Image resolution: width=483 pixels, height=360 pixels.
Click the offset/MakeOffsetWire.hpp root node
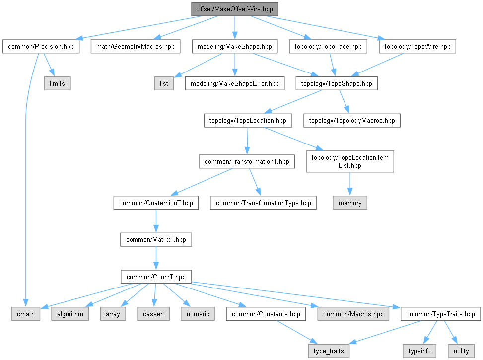[x=234, y=9]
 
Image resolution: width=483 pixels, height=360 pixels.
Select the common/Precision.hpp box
[x=41, y=47]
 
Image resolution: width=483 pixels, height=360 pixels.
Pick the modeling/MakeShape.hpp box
[x=234, y=47]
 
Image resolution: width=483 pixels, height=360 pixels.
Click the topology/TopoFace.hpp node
[x=328, y=47]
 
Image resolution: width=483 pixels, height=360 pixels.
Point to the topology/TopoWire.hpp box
[x=417, y=47]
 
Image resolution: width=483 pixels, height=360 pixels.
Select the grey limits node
[x=57, y=83]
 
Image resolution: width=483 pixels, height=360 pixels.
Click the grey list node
[x=164, y=83]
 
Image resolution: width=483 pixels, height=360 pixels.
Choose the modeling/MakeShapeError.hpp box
[x=235, y=83]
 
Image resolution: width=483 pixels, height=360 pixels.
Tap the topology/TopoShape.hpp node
[x=337, y=83]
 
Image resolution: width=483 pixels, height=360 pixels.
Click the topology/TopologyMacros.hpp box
[x=352, y=120]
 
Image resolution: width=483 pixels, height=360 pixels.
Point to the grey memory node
[x=350, y=203]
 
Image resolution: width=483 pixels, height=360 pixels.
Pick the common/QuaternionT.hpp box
[x=156, y=203]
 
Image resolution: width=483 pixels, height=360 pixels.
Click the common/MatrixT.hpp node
[x=156, y=239]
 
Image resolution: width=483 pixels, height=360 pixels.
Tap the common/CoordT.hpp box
[x=156, y=277]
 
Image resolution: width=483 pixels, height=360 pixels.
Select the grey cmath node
[x=26, y=314]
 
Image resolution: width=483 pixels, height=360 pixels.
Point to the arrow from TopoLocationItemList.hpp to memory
[x=350, y=184]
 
